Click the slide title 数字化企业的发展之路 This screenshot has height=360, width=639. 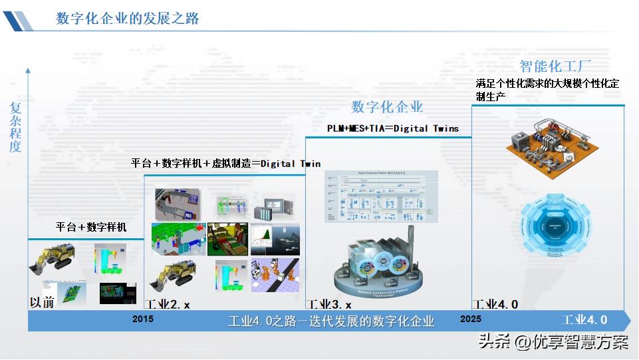coord(128,19)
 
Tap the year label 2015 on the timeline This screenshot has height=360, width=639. coord(142,319)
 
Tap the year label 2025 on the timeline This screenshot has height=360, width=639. coord(470,319)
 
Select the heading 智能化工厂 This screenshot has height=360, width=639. coord(555,66)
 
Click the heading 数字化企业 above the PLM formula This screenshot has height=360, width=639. coord(387,106)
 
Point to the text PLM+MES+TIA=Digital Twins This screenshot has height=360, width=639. coord(392,128)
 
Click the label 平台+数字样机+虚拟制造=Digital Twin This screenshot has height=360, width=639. coord(225,163)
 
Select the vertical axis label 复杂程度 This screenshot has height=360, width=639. coord(15,127)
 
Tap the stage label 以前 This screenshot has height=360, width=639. coord(41,302)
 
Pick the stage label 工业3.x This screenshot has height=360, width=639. coord(328,305)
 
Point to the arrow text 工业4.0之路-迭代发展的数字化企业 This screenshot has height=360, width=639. coord(331,321)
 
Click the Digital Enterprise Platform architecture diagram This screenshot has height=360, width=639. coord(380,196)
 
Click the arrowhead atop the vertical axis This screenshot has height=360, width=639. coord(27,69)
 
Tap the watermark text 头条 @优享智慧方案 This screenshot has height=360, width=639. coord(553,342)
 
